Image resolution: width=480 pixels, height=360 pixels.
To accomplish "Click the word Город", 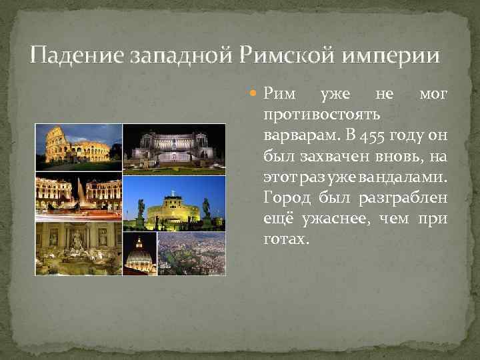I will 285,200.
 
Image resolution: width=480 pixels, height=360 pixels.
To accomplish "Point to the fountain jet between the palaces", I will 79,193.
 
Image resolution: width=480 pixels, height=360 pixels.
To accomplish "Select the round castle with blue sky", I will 174,203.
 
